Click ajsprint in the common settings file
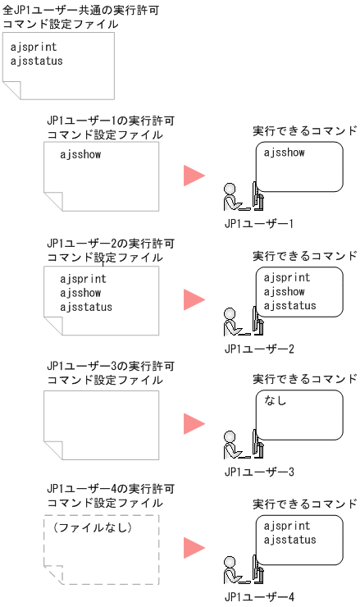(x=34, y=47)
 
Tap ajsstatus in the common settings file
(x=37, y=60)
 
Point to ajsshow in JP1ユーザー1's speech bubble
(x=285, y=153)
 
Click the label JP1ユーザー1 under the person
(x=258, y=223)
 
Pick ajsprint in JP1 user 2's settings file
(x=83, y=279)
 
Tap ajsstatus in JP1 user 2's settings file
(x=86, y=307)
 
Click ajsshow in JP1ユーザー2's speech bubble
(x=285, y=292)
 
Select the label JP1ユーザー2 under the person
(x=258, y=349)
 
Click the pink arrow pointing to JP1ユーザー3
(x=194, y=424)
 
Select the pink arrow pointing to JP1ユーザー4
(x=194, y=548)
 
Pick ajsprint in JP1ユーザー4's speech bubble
(x=287, y=526)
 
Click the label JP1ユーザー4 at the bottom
(x=258, y=597)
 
